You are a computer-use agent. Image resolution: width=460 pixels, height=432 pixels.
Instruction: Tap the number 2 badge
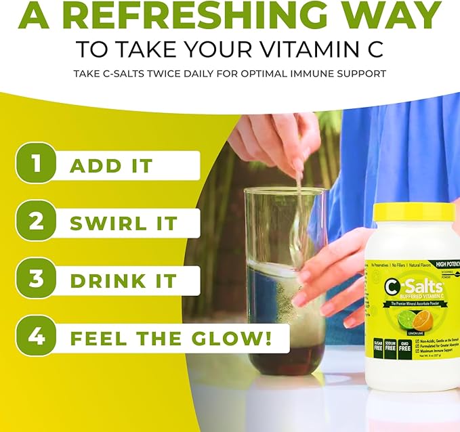pos(35,221)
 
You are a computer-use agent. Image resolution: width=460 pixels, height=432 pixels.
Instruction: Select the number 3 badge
pos(35,279)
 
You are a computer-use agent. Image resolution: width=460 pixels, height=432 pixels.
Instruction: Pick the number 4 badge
pos(35,337)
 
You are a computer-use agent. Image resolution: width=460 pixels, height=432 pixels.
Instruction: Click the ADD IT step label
pos(111,165)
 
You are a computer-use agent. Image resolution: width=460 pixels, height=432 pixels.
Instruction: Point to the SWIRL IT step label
pos(124,223)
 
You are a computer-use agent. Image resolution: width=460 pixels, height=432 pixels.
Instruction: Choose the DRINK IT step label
pos(123,280)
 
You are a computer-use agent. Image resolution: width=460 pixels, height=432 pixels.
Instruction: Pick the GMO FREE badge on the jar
pos(405,349)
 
